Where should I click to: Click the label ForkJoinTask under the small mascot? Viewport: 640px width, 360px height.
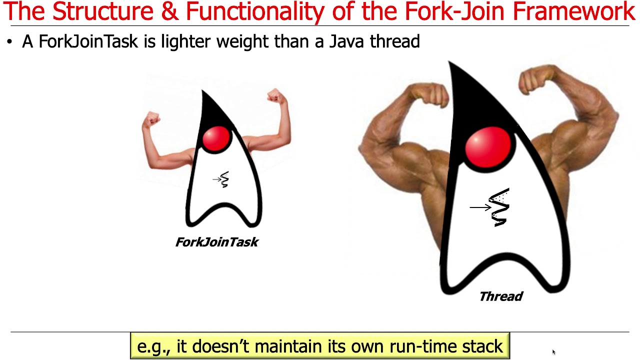pos(217,242)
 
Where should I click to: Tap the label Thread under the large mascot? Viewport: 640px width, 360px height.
pos(500,296)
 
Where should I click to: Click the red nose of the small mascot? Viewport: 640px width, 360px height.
pos(216,138)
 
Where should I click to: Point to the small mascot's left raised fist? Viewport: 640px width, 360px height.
pos(151,119)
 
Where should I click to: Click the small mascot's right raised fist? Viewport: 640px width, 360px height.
pos(275,95)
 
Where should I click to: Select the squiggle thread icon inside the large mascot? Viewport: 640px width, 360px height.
pos(499,207)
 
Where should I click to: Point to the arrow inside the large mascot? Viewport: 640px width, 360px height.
pos(480,207)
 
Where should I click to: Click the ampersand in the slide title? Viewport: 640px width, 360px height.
pos(170,12)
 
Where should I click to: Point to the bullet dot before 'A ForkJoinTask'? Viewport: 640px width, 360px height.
pos(9,42)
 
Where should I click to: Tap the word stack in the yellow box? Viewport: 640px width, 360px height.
pos(479,346)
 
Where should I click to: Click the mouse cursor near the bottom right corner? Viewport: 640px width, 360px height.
pos(553,352)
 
